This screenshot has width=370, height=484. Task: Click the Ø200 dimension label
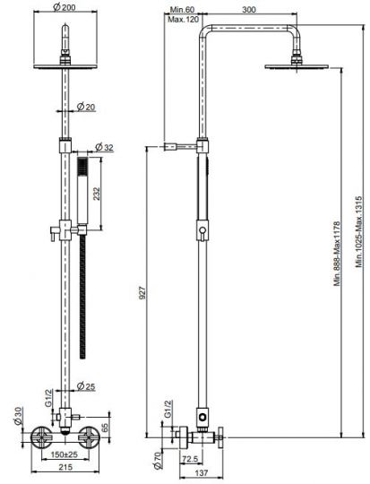click(65, 7)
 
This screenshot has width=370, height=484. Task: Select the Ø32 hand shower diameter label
click(104, 147)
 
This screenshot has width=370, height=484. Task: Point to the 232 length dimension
click(96, 194)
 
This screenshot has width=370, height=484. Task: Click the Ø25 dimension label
click(86, 386)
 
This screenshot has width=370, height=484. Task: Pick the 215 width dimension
click(65, 467)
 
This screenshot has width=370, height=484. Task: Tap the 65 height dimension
click(105, 428)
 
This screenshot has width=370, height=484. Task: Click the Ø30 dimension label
click(18, 416)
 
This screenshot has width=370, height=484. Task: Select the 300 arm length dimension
click(249, 10)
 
